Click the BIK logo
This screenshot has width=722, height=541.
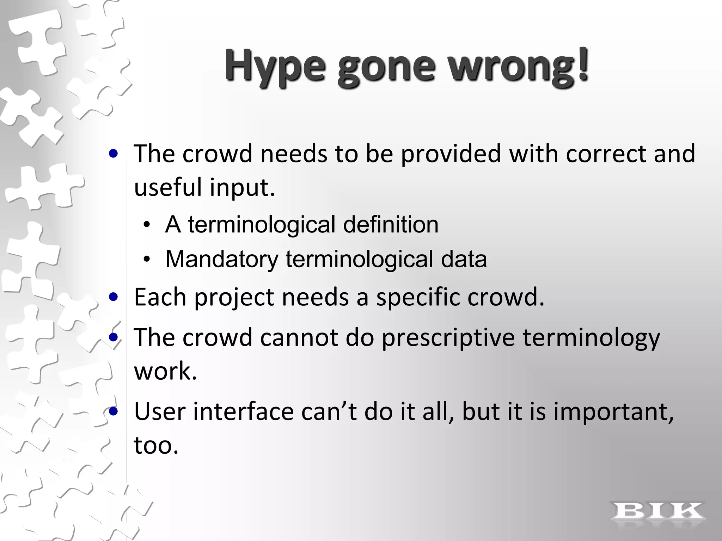point(658,511)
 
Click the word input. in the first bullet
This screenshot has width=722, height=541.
point(242,187)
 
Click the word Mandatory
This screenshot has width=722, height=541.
point(222,259)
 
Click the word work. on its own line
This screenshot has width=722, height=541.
point(165,371)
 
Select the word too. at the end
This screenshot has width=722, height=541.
point(156,445)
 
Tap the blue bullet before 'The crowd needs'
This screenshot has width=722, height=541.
point(114,154)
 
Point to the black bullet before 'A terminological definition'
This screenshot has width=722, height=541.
point(147,225)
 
